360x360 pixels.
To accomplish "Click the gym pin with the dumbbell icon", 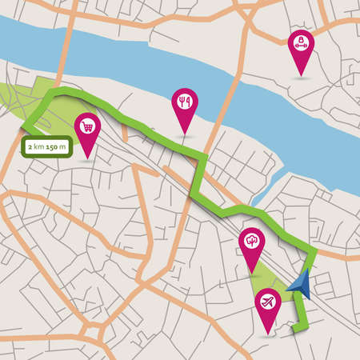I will (x=300, y=43).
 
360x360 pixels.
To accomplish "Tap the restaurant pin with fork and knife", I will (x=184, y=102).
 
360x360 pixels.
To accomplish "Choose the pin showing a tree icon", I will (x=252, y=238).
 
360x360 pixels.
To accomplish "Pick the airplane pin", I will (x=266, y=302).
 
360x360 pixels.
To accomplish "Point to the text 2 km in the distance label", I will (x=34, y=147).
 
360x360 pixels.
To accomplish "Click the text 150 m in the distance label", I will (x=56, y=147).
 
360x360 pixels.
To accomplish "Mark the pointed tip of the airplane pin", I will (x=266, y=333).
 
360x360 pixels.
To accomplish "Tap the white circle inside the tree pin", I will (x=252, y=238).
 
